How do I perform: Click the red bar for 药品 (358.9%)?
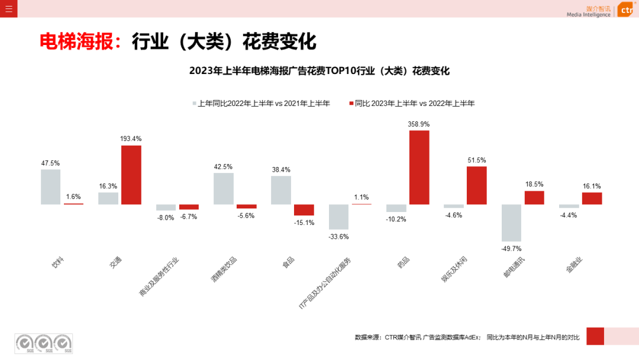click(419, 167)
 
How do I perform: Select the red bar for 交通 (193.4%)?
click(131, 175)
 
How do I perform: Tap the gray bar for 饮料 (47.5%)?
click(51, 187)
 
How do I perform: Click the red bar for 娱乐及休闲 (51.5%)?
click(476, 185)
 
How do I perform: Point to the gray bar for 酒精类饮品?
click(224, 188)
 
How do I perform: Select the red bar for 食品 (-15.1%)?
click(304, 210)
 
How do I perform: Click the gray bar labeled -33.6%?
click(338, 217)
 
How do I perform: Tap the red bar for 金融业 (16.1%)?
click(592, 198)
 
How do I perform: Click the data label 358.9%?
click(419, 124)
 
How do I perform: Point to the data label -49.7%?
click(511, 249)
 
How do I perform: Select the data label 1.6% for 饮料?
click(73, 197)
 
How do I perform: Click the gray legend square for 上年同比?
click(193, 103)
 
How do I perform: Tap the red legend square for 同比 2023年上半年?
click(351, 103)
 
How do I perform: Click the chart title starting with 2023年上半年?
click(319, 71)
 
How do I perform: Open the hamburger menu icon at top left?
click(8, 8)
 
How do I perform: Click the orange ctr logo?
click(626, 10)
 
